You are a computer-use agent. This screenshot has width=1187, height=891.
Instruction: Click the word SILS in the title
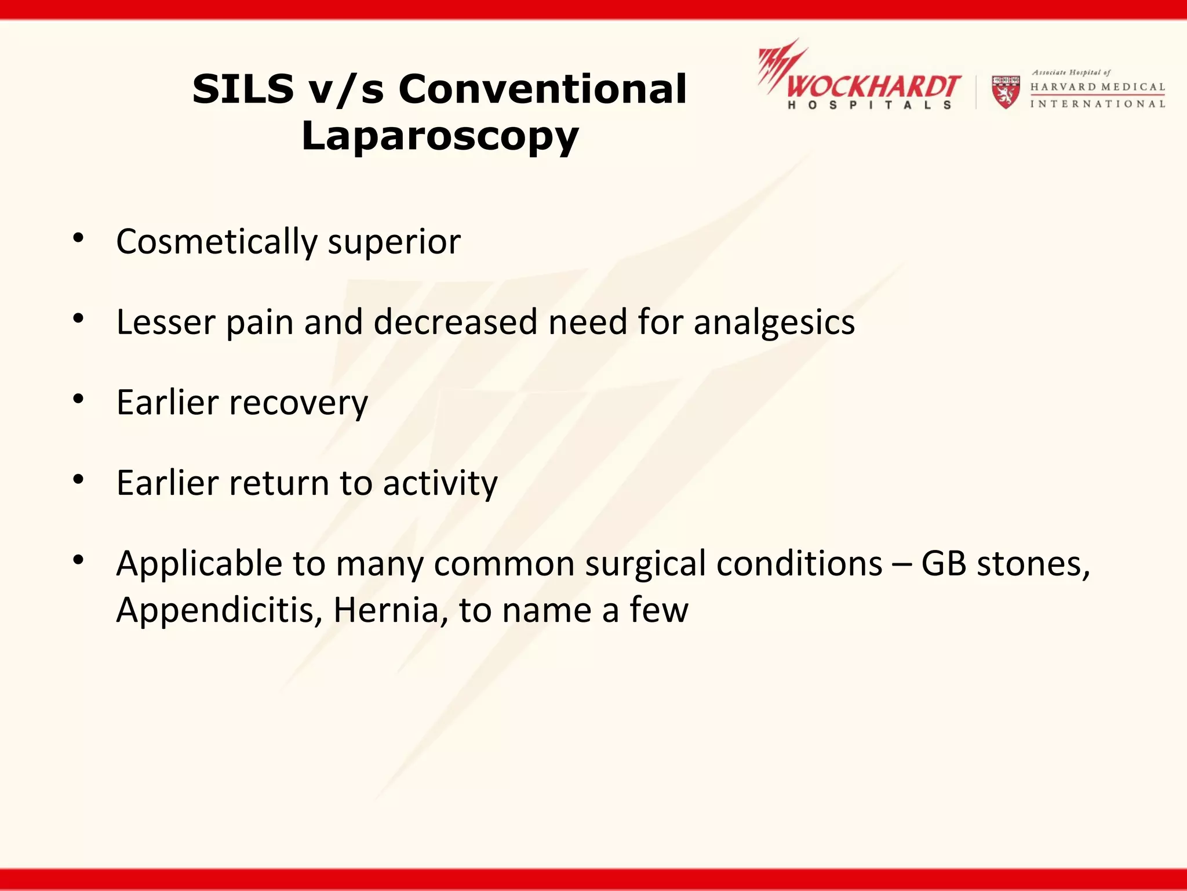point(243,90)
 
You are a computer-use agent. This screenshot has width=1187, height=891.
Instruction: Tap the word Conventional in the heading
point(542,90)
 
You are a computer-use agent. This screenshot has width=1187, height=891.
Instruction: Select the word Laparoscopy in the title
point(440,137)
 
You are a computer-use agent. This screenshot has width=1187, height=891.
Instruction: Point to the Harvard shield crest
point(1006,92)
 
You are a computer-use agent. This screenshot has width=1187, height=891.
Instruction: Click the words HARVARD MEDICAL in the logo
point(1097,87)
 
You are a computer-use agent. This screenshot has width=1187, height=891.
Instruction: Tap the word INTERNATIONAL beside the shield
point(1097,104)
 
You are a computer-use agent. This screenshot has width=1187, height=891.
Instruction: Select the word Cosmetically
point(216,242)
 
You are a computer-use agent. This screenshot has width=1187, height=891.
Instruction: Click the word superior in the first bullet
point(394,242)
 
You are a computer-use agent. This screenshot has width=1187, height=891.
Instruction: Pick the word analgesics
point(774,323)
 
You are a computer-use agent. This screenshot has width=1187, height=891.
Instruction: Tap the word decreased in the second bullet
point(456,323)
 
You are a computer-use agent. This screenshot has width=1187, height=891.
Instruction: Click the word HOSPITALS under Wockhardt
point(869,106)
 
